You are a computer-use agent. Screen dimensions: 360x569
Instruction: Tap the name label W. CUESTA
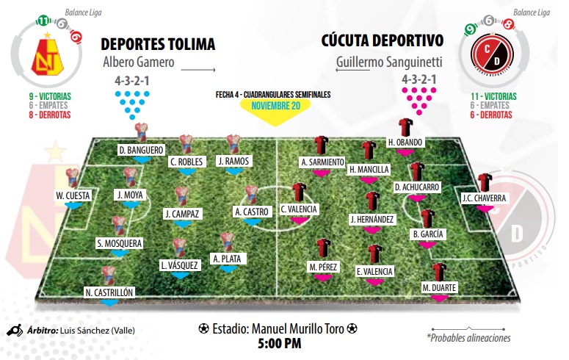pyautogui.click(x=72, y=195)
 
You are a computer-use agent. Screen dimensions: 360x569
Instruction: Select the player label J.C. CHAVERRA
pyautogui.click(x=483, y=198)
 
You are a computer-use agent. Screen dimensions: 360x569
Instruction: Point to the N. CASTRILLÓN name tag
pyautogui.click(x=109, y=292)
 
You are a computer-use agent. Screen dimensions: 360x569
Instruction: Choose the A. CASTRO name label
pyautogui.click(x=252, y=212)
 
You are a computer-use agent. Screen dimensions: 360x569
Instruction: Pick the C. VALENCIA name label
pyautogui.click(x=299, y=209)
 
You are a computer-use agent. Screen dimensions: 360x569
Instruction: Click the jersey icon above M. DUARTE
pyautogui.click(x=440, y=271)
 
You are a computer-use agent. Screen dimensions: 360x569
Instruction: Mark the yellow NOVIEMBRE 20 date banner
pyautogui.click(x=275, y=106)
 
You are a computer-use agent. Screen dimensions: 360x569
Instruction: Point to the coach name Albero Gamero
pyautogui.click(x=139, y=62)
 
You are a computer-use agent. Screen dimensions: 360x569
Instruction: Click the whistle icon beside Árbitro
pyautogui.click(x=14, y=331)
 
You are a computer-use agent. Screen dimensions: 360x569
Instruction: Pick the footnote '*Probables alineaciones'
pyautogui.click(x=468, y=338)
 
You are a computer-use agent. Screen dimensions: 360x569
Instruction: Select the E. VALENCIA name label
pyautogui.click(x=374, y=272)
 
